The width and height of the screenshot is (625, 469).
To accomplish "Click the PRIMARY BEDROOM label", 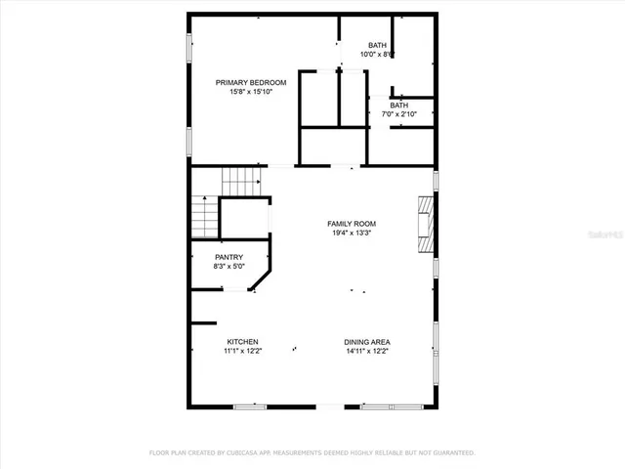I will coord(251,83).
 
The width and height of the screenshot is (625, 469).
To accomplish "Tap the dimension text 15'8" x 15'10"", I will coord(251,93).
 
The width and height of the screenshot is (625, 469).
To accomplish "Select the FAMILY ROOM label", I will coord(351,224).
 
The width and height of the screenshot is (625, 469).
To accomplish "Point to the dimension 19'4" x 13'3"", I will coord(351,234).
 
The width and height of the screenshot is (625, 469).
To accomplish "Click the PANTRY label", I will coord(229,257).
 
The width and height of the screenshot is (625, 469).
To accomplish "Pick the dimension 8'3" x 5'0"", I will coord(229,267).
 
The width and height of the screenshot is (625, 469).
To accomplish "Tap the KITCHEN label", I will coord(242,342).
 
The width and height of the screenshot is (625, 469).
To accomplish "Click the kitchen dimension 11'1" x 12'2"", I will coord(242,352).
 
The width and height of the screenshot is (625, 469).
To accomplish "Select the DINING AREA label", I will coord(366,342).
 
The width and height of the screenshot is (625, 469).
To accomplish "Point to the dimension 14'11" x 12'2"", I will coord(366,352).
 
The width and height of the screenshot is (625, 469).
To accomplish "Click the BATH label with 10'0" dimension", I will coord(377,46).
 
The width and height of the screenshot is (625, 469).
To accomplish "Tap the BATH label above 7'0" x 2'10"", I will coord(399,105).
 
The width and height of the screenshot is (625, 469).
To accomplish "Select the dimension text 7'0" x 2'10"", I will coord(399,114).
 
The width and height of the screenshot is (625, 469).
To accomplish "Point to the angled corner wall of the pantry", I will coord(262,282).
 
